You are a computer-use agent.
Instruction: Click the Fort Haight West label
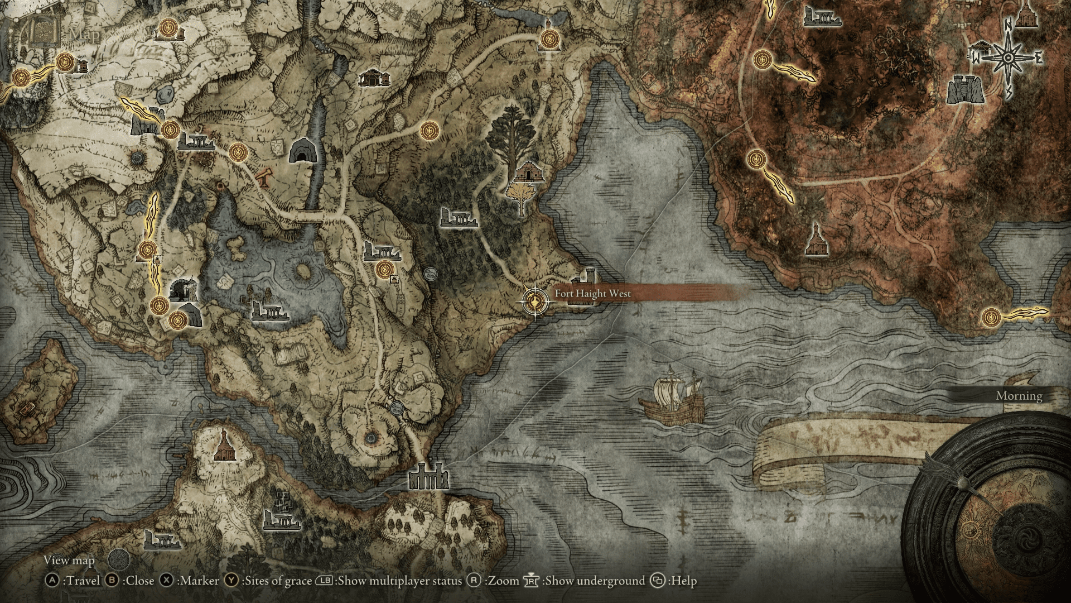592,294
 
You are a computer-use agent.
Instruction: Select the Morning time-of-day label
1019,396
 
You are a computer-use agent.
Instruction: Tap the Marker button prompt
190,581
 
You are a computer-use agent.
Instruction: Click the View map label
69,560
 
